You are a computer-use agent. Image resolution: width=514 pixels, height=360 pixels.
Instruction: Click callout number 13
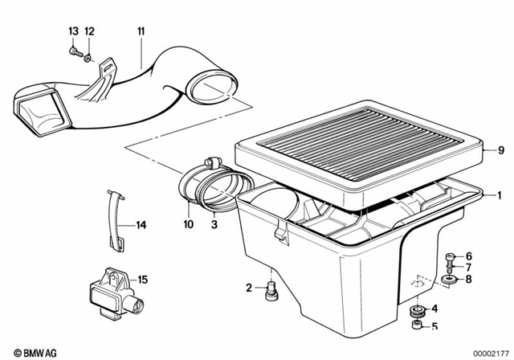point(73,31)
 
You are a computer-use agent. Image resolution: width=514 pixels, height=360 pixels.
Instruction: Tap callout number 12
point(89,31)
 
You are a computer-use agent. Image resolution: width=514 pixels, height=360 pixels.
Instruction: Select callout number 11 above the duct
point(141,31)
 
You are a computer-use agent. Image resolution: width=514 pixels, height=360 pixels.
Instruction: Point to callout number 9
point(500,149)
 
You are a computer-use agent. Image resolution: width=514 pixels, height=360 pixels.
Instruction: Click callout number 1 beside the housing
point(500,194)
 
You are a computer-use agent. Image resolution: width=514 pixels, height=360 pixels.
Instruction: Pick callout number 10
point(189,225)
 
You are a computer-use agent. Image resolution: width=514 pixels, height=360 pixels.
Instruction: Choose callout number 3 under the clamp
point(214,225)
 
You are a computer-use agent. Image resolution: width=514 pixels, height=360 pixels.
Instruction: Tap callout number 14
point(141,225)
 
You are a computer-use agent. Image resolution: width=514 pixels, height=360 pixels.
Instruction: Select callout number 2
point(250,287)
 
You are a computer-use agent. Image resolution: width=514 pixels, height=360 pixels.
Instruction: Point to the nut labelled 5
point(416,325)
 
